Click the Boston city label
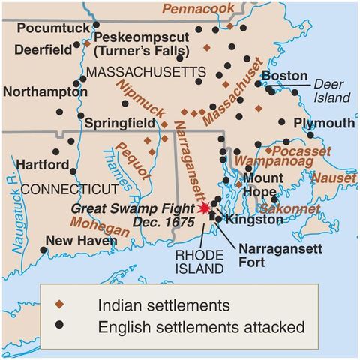284,76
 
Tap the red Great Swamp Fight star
204,211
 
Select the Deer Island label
331,91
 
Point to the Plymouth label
323,122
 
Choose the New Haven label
80,240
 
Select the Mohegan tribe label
100,223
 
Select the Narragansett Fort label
271,255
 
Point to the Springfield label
121,121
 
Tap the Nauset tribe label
334,178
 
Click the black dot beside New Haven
43,250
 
